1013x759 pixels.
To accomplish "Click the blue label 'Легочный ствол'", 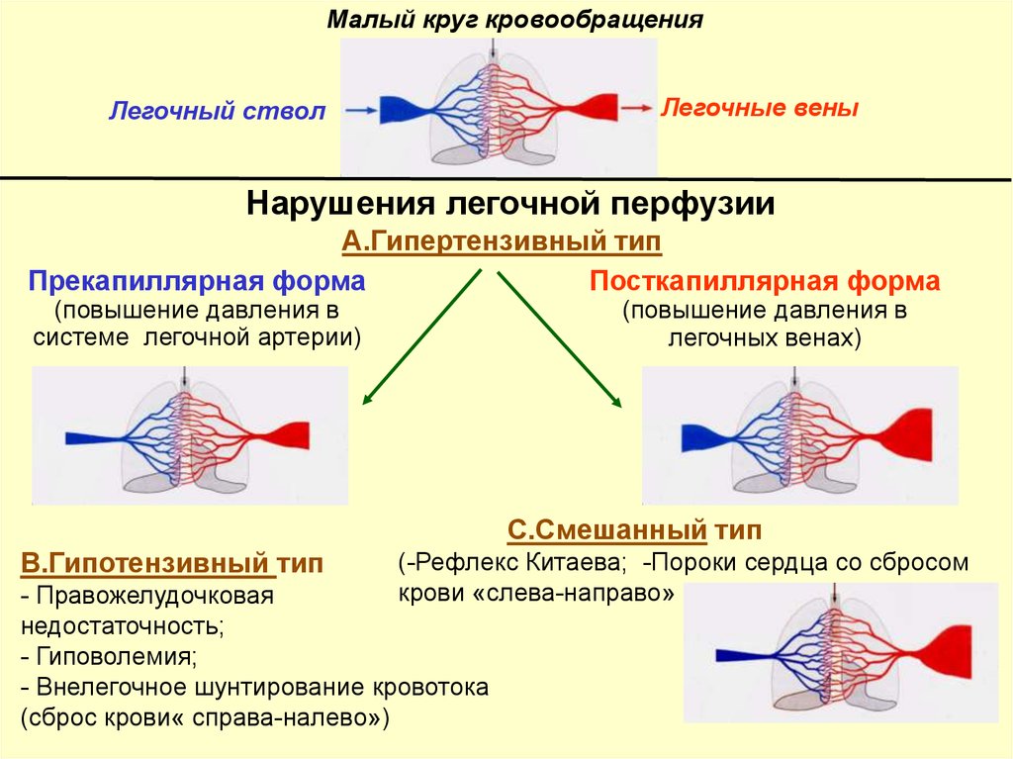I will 217,111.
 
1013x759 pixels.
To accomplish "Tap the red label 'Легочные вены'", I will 759,107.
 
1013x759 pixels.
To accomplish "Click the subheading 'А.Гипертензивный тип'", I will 502,240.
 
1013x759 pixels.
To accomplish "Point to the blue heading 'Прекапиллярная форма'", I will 197,281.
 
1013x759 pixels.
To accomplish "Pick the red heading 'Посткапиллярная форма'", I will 765,281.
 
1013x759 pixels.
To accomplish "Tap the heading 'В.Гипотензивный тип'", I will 172,565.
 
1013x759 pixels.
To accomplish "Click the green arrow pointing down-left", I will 421,338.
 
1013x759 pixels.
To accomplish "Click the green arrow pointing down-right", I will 559,338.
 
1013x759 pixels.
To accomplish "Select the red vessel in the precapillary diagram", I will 294,434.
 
